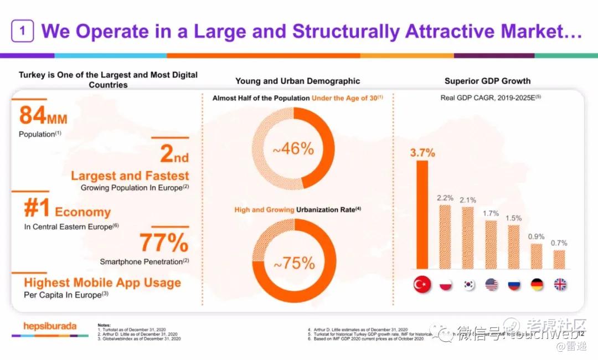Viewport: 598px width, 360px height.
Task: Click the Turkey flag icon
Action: pyautogui.click(x=422, y=285)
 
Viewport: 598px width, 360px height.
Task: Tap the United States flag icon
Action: pyautogui.click(x=491, y=285)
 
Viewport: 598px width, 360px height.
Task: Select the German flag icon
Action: pyautogui.click(x=537, y=285)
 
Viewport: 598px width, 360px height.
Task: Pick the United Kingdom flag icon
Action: pyautogui.click(x=560, y=285)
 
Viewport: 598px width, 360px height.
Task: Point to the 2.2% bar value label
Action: pyautogui.click(x=445, y=198)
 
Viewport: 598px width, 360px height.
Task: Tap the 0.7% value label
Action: pyautogui.click(x=559, y=243)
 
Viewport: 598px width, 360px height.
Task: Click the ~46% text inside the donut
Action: pyautogui.click(x=293, y=149)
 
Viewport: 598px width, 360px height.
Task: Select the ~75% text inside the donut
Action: pyautogui.click(x=294, y=263)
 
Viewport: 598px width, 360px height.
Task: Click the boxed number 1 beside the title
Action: pyautogui.click(x=22, y=31)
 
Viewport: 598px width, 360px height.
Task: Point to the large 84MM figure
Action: pyautogui.click(x=43, y=116)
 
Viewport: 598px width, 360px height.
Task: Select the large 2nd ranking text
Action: pyautogui.click(x=174, y=154)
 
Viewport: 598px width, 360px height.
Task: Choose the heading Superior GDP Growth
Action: pyautogui.click(x=487, y=81)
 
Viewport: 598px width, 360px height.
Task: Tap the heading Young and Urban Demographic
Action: pyautogui.click(x=297, y=81)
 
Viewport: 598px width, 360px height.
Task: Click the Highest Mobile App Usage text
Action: pyautogui.click(x=102, y=282)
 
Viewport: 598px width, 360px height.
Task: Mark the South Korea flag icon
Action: pyautogui.click(x=469, y=285)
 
